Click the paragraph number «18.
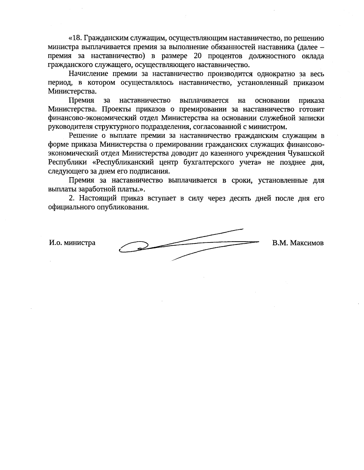coord(76,39)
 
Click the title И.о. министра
coord(72,243)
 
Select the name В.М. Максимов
coord(298,243)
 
